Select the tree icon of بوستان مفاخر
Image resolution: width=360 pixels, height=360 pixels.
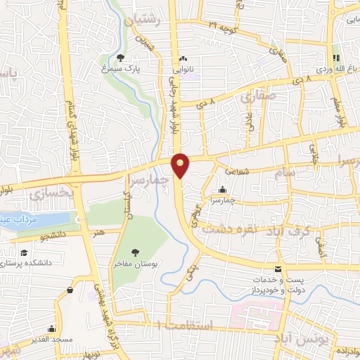click(x=136, y=252)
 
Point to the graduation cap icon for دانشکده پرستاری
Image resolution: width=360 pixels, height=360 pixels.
click(x=24, y=252)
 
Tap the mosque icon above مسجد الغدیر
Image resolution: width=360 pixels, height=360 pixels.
click(x=51, y=328)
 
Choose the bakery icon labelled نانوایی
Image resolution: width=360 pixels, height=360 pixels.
click(x=183, y=59)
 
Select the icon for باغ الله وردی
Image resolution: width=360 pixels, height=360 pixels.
click(x=336, y=58)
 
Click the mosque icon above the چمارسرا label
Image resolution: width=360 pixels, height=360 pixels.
click(x=222, y=189)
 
